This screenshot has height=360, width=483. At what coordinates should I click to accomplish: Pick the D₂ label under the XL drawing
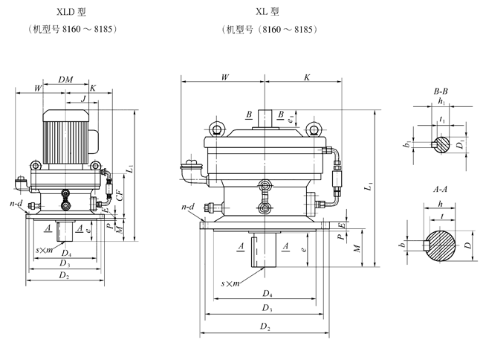(x=265, y=326)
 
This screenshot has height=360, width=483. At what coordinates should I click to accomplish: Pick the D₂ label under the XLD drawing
(x=65, y=276)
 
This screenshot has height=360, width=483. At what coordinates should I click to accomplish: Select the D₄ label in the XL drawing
(x=265, y=292)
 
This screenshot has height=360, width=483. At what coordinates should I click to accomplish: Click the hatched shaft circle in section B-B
(x=441, y=141)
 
